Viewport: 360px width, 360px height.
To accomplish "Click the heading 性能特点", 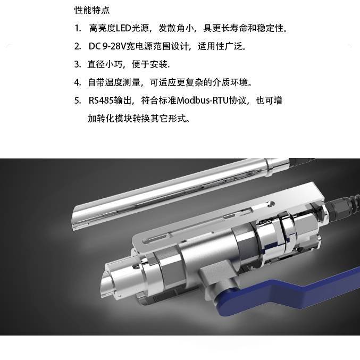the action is [x=92, y=10].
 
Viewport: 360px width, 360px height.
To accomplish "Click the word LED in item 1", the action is [x=123, y=28].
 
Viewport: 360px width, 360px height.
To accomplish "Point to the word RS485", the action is [x=101, y=101].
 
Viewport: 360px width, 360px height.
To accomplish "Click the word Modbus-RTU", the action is [x=203, y=101].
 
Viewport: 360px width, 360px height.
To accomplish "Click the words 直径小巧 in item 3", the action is [x=105, y=64].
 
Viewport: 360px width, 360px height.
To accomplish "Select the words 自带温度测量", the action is [x=114, y=82].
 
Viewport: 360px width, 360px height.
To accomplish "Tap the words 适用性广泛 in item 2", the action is [x=220, y=46].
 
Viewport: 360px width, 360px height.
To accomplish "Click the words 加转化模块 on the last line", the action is [x=110, y=119].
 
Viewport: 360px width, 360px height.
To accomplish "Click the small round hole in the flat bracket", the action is [x=272, y=203].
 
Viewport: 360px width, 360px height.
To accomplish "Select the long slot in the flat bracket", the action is [x=156, y=238].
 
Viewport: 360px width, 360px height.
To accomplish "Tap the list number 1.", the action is [x=78, y=29].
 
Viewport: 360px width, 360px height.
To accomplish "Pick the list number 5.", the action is [x=78, y=101].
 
